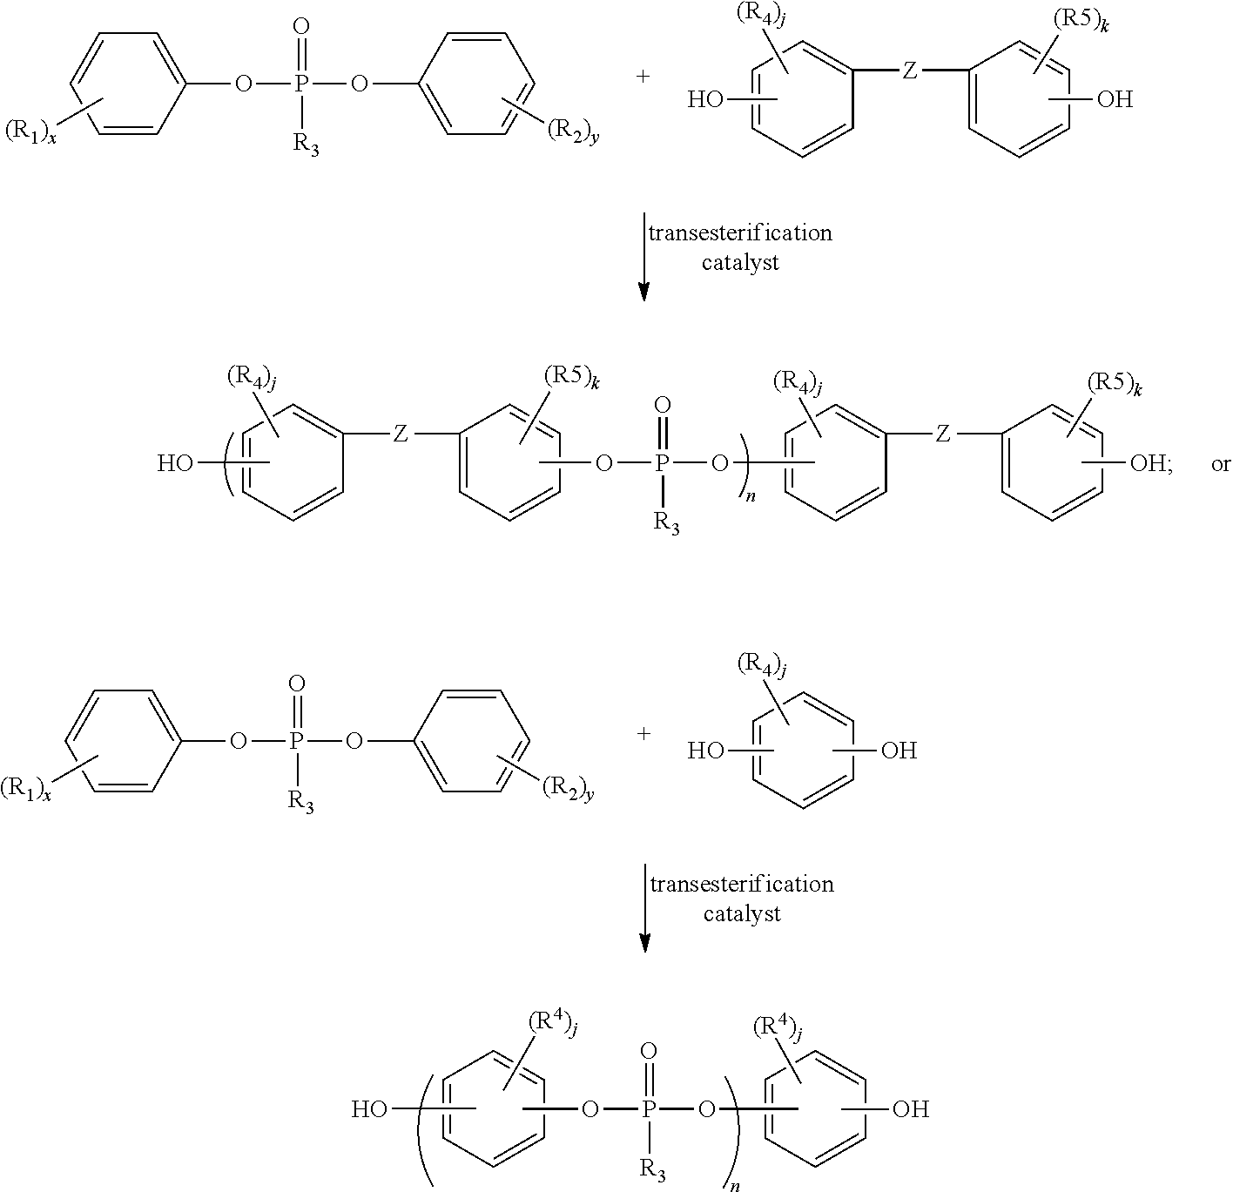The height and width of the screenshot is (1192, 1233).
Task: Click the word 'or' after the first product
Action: point(1220,464)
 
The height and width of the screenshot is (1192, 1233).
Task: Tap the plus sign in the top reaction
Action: point(643,77)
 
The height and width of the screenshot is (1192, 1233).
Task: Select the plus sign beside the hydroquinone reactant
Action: point(643,733)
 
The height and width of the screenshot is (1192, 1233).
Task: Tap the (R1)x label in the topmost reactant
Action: point(30,133)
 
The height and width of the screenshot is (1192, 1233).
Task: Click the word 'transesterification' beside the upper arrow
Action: point(739,233)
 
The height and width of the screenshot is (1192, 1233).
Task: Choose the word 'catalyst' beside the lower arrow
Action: point(742,914)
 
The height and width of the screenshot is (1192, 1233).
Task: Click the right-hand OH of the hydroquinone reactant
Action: point(899,750)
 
